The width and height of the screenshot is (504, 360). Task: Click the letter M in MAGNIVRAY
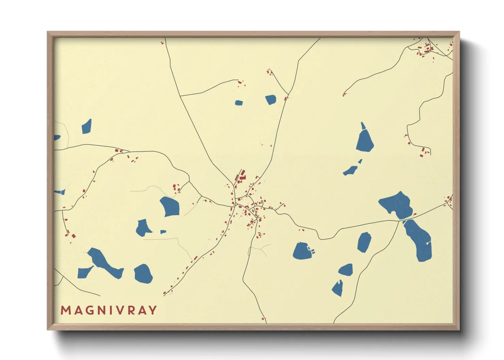65,310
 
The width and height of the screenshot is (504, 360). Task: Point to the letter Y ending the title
153,310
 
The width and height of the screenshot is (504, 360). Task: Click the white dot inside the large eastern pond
427,243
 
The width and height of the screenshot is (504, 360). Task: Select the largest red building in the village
243,177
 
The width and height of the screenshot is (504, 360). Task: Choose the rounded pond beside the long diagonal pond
143,274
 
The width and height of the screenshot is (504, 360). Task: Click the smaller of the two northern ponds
239,103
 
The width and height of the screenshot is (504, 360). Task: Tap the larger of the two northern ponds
271,100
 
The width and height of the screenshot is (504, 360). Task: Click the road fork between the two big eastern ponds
399,221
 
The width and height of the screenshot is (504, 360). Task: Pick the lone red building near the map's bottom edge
263,319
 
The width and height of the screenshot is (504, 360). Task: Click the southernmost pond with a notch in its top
337,289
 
